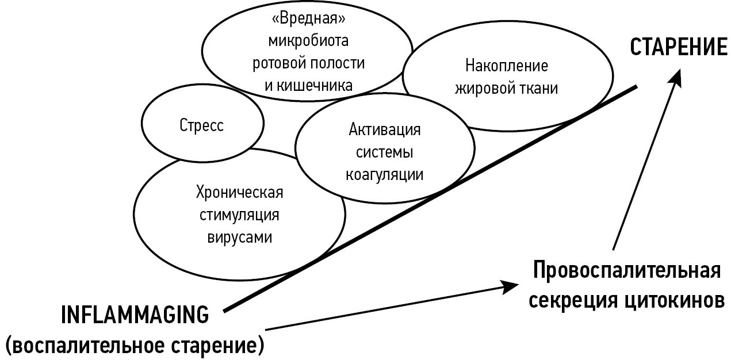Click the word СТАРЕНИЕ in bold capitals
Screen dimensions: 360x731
[x=679, y=47]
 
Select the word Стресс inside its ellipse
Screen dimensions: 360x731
[x=201, y=125]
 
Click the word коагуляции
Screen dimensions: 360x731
[x=385, y=174]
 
